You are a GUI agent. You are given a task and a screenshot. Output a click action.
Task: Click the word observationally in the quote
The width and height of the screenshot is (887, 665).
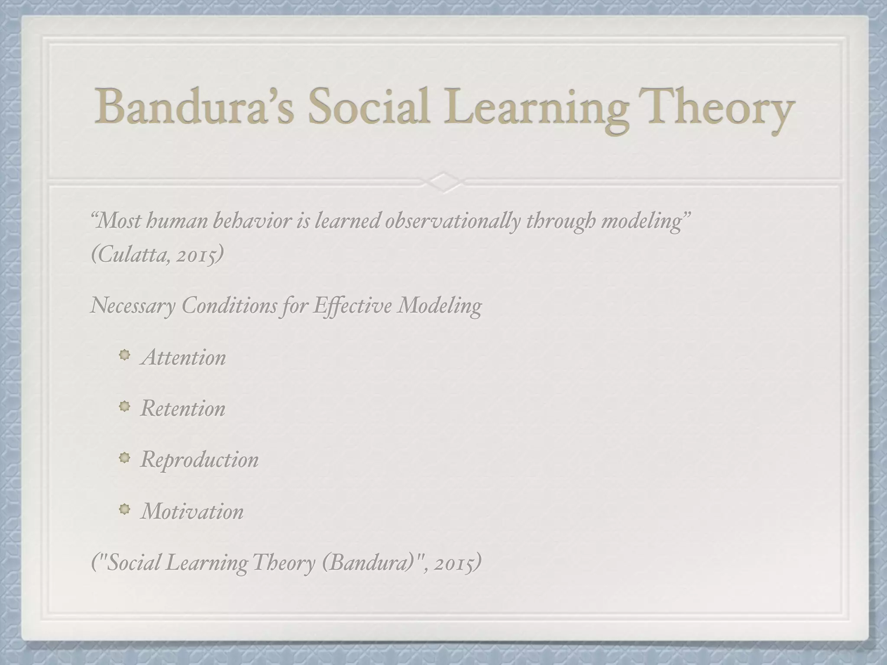coord(452,222)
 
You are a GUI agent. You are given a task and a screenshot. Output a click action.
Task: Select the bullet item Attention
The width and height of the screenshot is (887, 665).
coord(183,358)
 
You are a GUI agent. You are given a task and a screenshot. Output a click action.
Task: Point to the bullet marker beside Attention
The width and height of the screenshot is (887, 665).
coord(124,356)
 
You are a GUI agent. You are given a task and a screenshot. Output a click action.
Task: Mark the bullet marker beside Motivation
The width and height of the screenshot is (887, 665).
coord(124,510)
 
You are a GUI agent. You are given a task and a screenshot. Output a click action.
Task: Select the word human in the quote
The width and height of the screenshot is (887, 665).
coord(177,222)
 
